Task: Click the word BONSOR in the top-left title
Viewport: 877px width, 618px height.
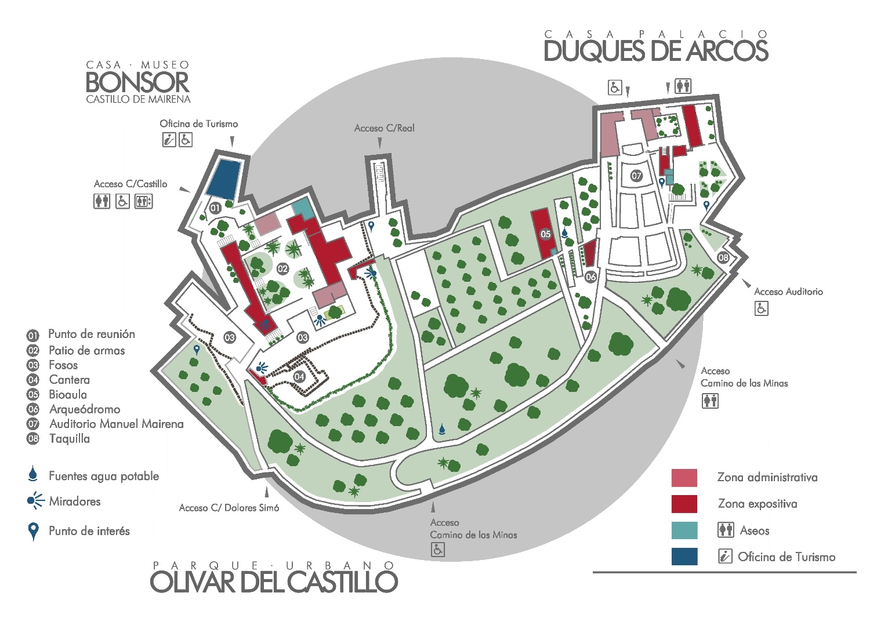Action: pyautogui.click(x=137, y=82)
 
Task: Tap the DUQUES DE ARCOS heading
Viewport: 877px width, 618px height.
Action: pyautogui.click(x=655, y=51)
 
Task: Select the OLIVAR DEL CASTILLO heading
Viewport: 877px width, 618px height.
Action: pyautogui.click(x=274, y=581)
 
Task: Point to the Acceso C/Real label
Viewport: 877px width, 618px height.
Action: pyautogui.click(x=384, y=128)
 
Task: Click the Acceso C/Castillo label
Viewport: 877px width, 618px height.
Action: pyautogui.click(x=131, y=184)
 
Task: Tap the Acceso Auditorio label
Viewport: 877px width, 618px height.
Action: pyautogui.click(x=788, y=292)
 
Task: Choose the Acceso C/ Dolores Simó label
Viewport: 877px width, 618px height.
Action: pyautogui.click(x=229, y=508)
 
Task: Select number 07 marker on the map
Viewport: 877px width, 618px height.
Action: pyautogui.click(x=637, y=176)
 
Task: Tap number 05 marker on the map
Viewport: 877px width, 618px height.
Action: pyautogui.click(x=545, y=234)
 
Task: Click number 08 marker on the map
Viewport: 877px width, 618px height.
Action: pyautogui.click(x=723, y=257)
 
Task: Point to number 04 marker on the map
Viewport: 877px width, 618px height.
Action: pyautogui.click(x=299, y=377)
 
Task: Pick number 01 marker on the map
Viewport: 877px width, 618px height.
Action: pyautogui.click(x=215, y=208)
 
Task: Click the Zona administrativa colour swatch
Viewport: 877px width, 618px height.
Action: pyautogui.click(x=684, y=478)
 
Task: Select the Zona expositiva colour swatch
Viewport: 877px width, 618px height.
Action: pyautogui.click(x=684, y=504)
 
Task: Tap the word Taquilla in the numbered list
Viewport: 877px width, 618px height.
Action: pyautogui.click(x=69, y=439)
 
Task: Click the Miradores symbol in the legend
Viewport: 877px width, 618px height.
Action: pyautogui.click(x=35, y=501)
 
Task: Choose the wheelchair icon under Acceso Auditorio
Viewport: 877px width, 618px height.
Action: pyautogui.click(x=761, y=308)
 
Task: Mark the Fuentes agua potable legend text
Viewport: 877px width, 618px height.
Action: pyautogui.click(x=104, y=476)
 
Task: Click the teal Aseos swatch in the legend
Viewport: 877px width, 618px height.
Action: pyautogui.click(x=684, y=530)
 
